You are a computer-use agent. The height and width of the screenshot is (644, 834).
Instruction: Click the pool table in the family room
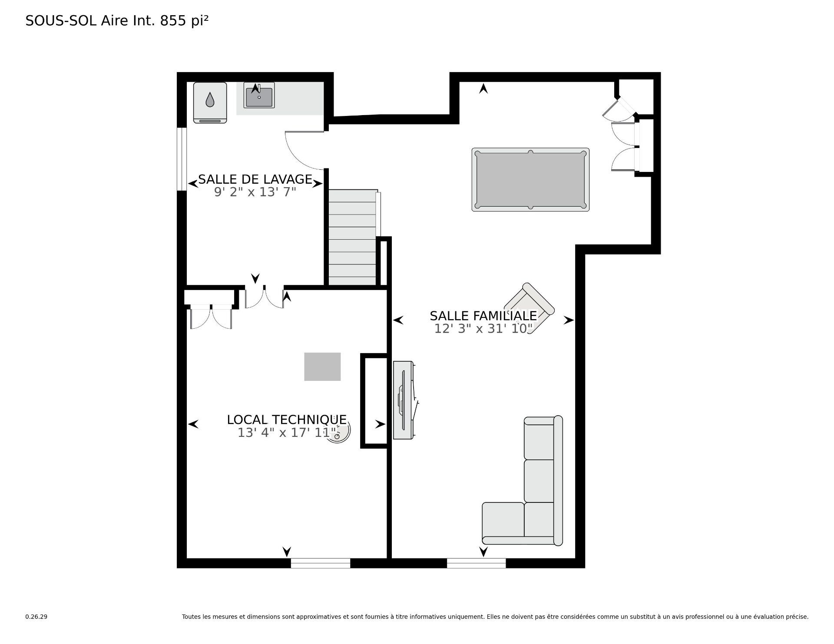click(x=530, y=180)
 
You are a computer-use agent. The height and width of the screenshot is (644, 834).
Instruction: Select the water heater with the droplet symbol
click(x=210, y=102)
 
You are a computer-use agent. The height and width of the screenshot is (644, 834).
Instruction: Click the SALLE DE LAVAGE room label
click(x=255, y=179)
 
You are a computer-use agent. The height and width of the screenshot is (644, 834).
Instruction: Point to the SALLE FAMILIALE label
click(x=483, y=316)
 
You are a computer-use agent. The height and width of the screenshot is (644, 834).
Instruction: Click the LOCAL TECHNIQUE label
click(x=287, y=419)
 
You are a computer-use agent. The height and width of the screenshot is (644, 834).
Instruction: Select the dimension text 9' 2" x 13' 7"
click(x=255, y=192)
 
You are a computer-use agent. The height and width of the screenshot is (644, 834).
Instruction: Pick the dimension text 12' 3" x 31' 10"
click(x=483, y=329)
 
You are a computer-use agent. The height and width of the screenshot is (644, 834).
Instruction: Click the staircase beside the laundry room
click(x=352, y=237)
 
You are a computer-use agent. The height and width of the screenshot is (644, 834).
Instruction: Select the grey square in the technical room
click(x=322, y=367)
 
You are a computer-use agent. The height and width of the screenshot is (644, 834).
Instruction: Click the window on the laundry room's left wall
click(x=182, y=159)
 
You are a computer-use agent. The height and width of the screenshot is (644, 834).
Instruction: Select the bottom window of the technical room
click(x=321, y=563)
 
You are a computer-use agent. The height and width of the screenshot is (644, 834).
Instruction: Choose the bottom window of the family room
click(x=476, y=563)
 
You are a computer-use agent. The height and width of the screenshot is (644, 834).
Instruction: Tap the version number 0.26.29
click(x=36, y=617)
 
